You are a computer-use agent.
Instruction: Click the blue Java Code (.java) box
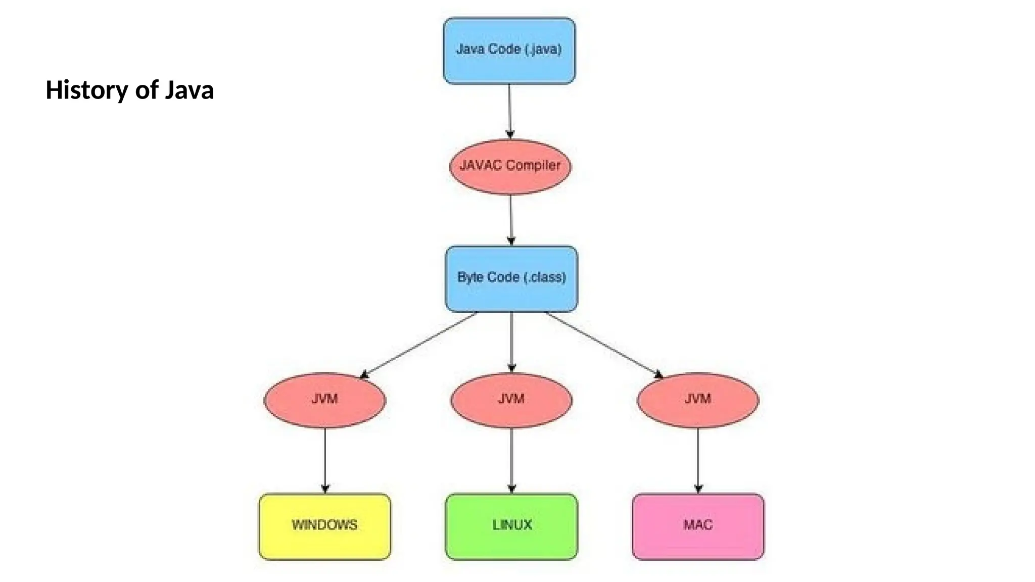click(x=509, y=51)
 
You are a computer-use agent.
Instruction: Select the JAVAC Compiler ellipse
click(x=510, y=167)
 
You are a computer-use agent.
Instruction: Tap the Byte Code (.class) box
click(x=511, y=279)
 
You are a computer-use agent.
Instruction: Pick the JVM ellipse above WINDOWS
click(x=324, y=400)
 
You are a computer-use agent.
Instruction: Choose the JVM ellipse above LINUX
click(x=511, y=400)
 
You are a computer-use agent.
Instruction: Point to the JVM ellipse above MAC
click(x=697, y=400)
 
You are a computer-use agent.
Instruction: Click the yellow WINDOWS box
click(x=324, y=526)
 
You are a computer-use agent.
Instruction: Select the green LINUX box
click(x=511, y=526)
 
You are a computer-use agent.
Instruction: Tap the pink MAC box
click(x=697, y=526)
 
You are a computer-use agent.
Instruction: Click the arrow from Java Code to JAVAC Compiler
click(x=509, y=111)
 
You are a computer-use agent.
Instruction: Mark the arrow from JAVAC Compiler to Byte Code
click(x=510, y=220)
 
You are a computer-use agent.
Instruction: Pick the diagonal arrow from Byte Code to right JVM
click(x=604, y=345)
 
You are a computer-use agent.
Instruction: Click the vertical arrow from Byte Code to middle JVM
click(x=511, y=342)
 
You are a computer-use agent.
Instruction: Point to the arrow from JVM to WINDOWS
click(x=325, y=460)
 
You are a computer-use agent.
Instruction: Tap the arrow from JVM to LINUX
click(x=511, y=460)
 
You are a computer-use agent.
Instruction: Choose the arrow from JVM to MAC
click(x=698, y=460)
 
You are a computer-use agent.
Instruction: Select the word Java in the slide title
click(x=189, y=90)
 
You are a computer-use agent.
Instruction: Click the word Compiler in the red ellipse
click(x=533, y=165)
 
